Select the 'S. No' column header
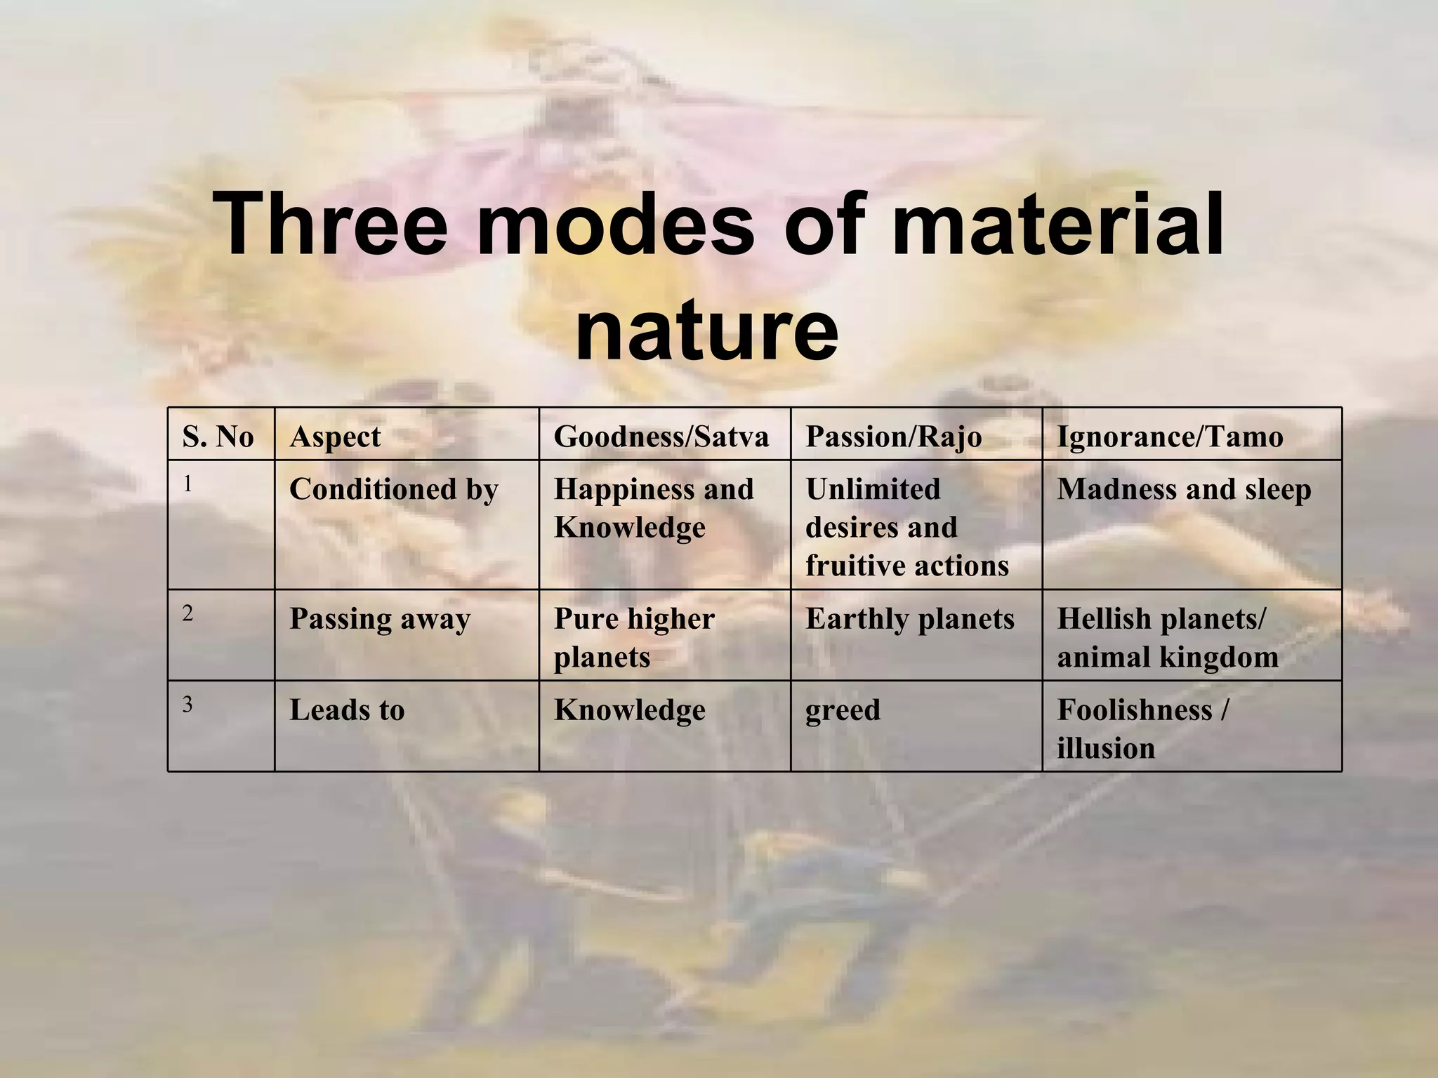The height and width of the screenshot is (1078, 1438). pyautogui.click(x=218, y=437)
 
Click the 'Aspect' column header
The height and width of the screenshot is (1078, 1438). pyautogui.click(x=335, y=437)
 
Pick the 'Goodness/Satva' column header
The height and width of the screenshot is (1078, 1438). pyautogui.click(x=661, y=437)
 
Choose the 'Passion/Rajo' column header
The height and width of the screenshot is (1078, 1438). pyautogui.click(x=893, y=437)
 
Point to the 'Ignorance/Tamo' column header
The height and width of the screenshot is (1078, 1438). pyautogui.click(x=1170, y=437)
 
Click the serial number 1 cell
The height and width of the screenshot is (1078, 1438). pyautogui.click(x=187, y=484)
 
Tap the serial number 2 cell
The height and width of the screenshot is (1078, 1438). pyautogui.click(x=187, y=613)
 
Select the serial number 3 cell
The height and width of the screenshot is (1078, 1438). pyautogui.click(x=187, y=705)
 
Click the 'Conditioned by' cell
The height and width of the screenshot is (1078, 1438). pyautogui.click(x=393, y=489)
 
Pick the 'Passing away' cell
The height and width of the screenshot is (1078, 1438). pyautogui.click(x=380, y=619)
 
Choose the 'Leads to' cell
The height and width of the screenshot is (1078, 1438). pyautogui.click(x=347, y=710)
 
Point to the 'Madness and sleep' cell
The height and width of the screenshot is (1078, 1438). pyautogui.click(x=1184, y=489)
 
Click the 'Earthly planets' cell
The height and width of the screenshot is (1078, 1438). pyautogui.click(x=909, y=619)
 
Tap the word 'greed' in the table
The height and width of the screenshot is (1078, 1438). pyautogui.click(x=843, y=710)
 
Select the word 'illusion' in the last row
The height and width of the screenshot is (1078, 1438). pyautogui.click(x=1105, y=748)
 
